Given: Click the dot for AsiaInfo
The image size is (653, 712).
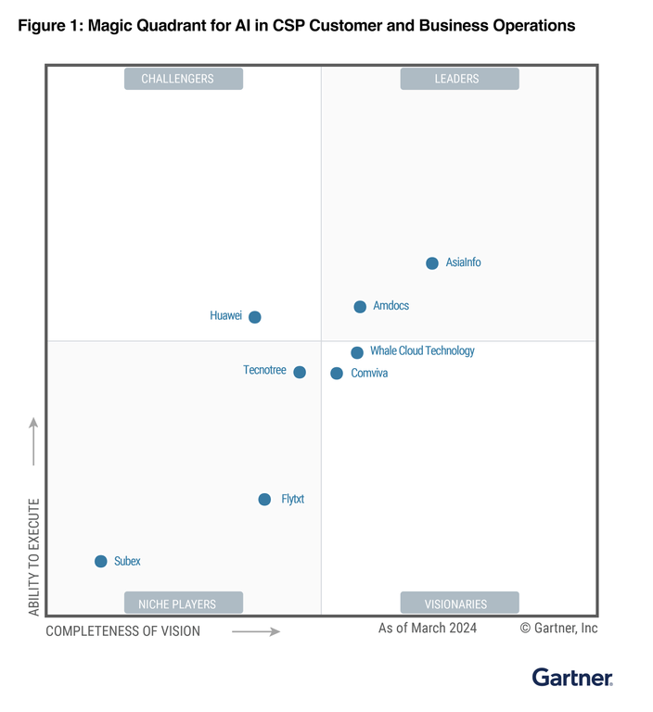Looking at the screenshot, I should pos(432,263).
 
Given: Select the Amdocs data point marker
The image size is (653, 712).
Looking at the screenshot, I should pos(360,307).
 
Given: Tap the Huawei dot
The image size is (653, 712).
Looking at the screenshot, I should pos(255,317).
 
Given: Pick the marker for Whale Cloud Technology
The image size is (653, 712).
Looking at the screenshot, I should pos(357,352).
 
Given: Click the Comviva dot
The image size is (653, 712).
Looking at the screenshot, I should pos(337,374).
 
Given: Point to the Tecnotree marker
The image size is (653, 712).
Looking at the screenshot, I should pos(300,372).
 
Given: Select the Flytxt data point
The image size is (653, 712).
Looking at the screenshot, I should pos(265,500).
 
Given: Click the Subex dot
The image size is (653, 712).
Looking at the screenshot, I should pos(101,561).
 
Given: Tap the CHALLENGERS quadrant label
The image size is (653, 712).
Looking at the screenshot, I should pos(183,79).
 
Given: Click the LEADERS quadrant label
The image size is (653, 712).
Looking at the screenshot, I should pos(459,79).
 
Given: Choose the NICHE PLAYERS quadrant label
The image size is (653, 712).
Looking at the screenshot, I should pos(183,604).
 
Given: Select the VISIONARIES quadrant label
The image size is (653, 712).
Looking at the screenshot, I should pos(459,604).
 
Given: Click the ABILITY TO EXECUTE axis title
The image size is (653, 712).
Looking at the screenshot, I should pos(34,557).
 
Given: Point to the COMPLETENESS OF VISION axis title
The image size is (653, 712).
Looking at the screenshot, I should pos(122,631).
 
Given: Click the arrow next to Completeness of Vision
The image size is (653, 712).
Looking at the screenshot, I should pos(255,631).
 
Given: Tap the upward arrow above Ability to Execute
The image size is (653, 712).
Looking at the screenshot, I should pos(34,441).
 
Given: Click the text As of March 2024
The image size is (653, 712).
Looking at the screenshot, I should pos(428,629).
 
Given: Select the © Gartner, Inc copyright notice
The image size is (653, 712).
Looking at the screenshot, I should pos(558,629).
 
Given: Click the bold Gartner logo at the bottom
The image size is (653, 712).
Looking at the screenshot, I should pos(571,678).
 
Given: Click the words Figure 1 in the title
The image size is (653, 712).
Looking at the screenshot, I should pos(48,26).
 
